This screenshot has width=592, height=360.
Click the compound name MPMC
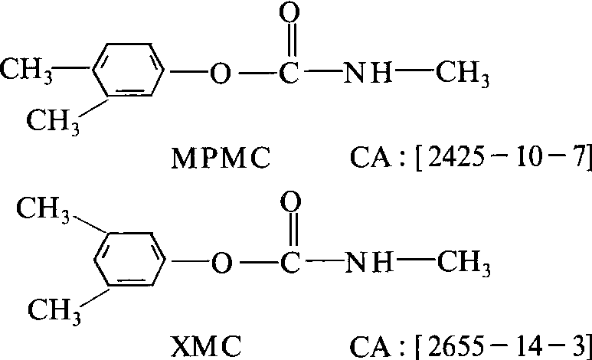[x=221, y=159]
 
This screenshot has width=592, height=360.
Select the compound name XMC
[x=206, y=346]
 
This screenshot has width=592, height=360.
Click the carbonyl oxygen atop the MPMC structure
[x=289, y=12]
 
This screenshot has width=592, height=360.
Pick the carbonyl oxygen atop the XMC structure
[x=290, y=201]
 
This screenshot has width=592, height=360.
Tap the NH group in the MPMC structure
[x=368, y=73]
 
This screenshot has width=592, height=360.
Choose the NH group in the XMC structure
[x=369, y=262]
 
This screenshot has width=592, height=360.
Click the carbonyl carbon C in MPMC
[x=289, y=73]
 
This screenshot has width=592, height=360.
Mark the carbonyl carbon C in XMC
[x=290, y=262]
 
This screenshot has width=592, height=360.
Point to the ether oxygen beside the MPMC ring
[x=220, y=73]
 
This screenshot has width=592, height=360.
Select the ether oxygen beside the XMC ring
[x=221, y=263]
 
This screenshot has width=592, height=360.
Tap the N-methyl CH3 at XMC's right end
[x=464, y=263]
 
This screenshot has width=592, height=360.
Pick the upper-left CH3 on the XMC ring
[x=43, y=211]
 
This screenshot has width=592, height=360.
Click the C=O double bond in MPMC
[x=289, y=41]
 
